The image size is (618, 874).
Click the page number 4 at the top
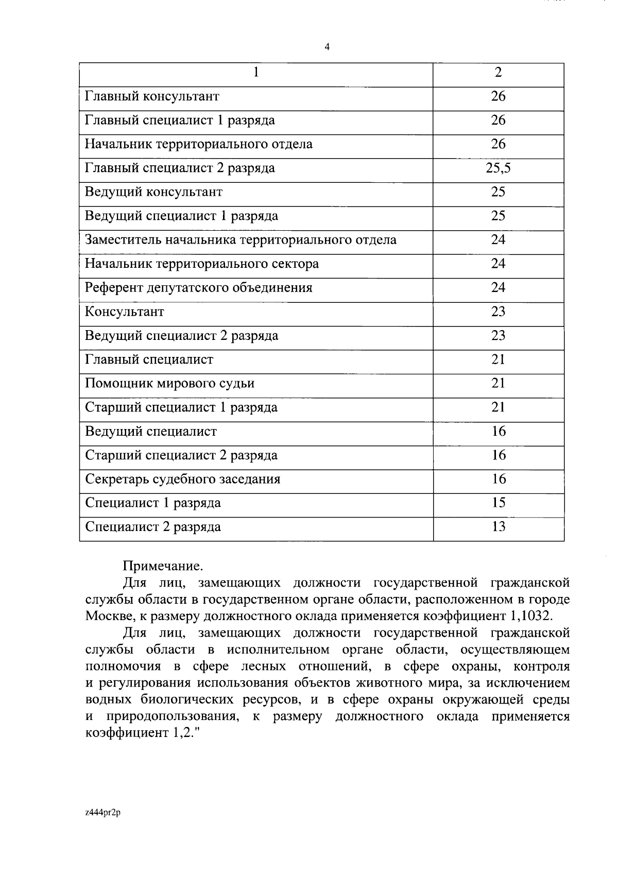pos(327,47)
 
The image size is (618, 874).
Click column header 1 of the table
pos(256,72)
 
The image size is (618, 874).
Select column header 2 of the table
pos(498,72)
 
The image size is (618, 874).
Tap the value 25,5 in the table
pos(498,168)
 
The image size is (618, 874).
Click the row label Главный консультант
pos(152,96)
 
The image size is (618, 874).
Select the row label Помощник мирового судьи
pos(169,384)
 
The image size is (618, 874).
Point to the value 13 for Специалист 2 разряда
pos(498,527)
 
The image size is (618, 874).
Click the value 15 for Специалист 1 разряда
pos(498,503)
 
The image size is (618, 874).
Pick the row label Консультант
pos(124,312)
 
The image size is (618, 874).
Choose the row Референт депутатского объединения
pos(198,288)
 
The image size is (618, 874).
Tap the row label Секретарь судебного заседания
pos(182,479)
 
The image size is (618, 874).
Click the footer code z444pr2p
pos(102,813)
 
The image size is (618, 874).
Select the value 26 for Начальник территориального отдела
pos(498,144)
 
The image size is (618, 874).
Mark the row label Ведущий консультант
pos(153,192)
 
